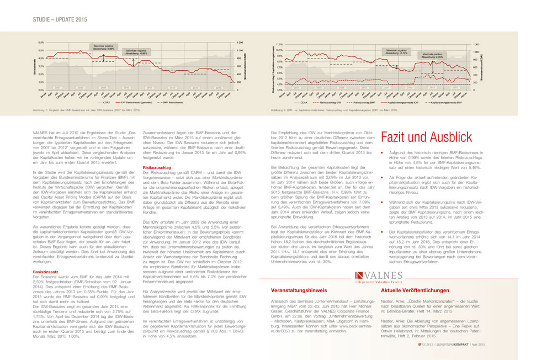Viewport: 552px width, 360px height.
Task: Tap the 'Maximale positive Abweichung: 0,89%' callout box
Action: click(103, 48)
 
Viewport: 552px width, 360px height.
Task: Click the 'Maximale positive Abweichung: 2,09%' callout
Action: click(432, 55)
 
